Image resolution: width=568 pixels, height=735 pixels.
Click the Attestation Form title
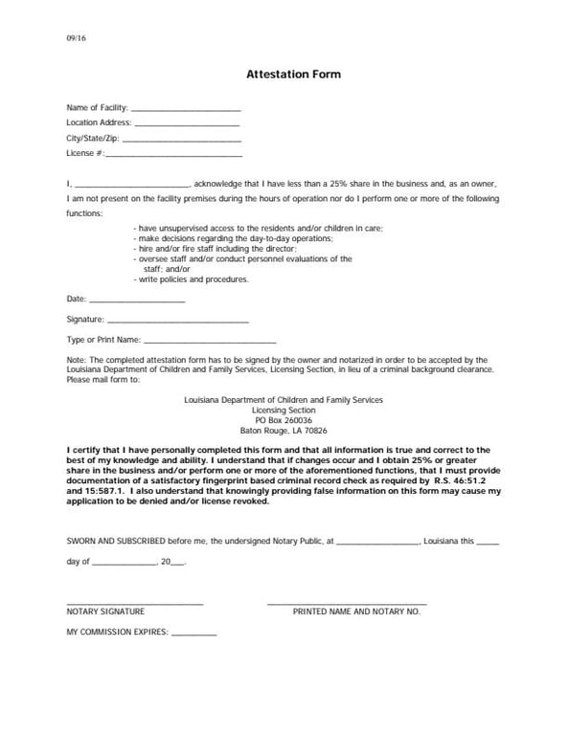(x=293, y=74)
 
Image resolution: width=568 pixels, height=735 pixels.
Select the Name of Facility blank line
(x=185, y=110)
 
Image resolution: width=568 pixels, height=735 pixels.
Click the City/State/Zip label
(x=93, y=138)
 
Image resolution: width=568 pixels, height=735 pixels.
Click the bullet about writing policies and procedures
(x=193, y=280)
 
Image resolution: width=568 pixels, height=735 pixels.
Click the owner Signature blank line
(x=178, y=322)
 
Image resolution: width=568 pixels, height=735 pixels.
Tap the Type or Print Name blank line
(x=210, y=342)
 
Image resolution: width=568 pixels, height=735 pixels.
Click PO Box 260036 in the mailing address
(x=284, y=420)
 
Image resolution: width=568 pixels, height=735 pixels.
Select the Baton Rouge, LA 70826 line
(x=284, y=431)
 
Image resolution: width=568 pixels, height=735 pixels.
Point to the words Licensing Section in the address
(x=284, y=410)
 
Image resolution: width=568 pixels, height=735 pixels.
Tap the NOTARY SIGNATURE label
(x=105, y=611)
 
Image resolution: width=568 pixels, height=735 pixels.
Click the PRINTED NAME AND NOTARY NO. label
(x=356, y=611)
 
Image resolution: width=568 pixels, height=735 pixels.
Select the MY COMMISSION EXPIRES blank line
(x=194, y=635)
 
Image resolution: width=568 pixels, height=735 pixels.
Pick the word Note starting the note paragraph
(x=76, y=360)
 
